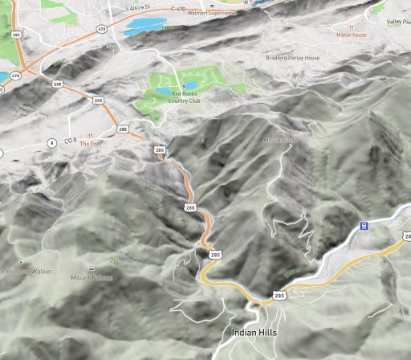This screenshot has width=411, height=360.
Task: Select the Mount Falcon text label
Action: coord(92,278)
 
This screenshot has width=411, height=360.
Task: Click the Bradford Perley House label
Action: coord(293,58)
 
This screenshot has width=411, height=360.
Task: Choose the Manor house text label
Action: coord(352,35)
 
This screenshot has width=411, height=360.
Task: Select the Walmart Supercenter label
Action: coord(210,13)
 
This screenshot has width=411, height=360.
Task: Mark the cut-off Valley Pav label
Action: coord(397,22)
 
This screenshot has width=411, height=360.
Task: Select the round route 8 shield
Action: coord(51,142)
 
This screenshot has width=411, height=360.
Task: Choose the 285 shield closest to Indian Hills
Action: coord(279,296)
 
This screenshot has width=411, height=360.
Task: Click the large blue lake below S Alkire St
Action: coord(145,26)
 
